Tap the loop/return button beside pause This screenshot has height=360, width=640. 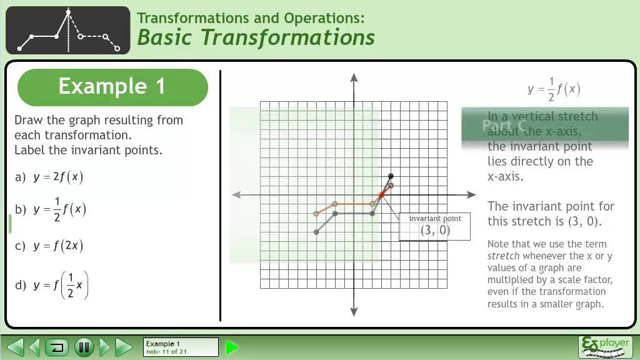coord(57,347)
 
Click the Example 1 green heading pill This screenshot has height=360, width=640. coord(112,87)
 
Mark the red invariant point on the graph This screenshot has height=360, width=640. coord(381,195)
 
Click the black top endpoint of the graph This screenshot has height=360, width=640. coord(391,176)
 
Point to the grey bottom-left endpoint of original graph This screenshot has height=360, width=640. coord(316,232)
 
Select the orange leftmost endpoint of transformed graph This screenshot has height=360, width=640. coord(316,214)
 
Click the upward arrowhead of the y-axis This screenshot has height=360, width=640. coord(354,77)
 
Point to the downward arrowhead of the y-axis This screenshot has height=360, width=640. coord(354,312)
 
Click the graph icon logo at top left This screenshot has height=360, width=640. coord(67,30)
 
